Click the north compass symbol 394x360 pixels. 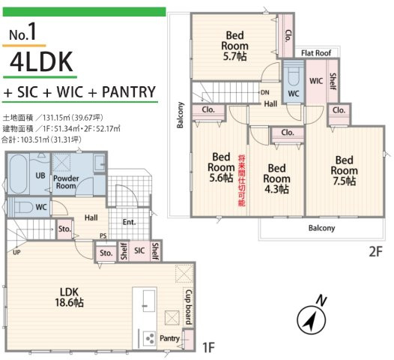[312, 317]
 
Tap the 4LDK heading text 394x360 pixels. [41, 61]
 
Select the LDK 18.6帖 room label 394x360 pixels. [69, 297]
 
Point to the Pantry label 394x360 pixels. [169, 338]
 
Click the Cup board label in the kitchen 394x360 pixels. [189, 307]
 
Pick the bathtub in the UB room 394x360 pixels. [19, 173]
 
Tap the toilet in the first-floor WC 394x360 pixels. [22, 207]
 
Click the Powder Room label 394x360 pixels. [66, 182]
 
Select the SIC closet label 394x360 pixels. [139, 250]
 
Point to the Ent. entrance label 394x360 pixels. [129, 222]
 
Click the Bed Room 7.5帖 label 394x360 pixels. [345, 170]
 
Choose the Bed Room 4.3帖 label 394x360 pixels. [276, 178]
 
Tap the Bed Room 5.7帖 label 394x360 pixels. [234, 46]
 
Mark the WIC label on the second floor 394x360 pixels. [316, 81]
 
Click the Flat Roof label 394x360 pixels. [316, 53]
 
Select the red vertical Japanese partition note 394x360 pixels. [242, 181]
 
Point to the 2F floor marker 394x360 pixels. [376, 251]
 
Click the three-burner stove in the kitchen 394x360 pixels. [150, 338]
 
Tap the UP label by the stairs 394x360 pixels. [16, 252]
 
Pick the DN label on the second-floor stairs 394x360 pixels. [265, 92]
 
